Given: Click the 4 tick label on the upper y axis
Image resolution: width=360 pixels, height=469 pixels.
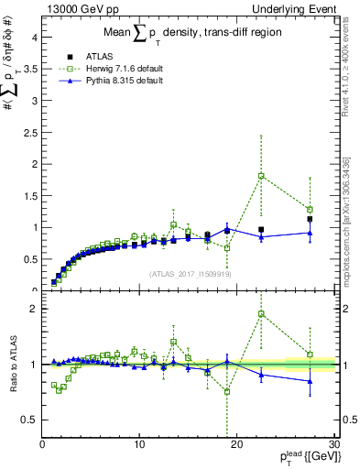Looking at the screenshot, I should (34, 38).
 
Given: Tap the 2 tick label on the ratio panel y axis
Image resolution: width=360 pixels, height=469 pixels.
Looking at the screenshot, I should (34, 309).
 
